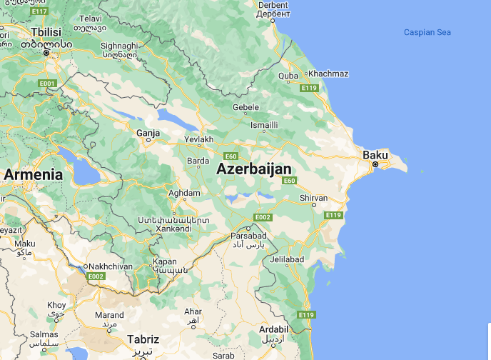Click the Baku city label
tap(375, 154)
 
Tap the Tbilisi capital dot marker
tap(46, 53)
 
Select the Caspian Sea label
tap(427, 32)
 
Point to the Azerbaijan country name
tap(254, 169)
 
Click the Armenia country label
tap(33, 174)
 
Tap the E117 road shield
tap(40, 12)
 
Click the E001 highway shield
tap(47, 84)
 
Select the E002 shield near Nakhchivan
tap(95, 276)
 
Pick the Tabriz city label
tap(143, 339)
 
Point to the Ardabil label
tap(274, 329)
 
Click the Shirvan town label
tap(314, 198)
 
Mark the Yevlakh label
tap(199, 139)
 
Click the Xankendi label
tap(173, 229)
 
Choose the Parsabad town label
tap(248, 236)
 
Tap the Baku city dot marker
tap(375, 165)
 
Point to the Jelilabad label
tap(288, 259)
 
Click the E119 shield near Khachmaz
tap(309, 88)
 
